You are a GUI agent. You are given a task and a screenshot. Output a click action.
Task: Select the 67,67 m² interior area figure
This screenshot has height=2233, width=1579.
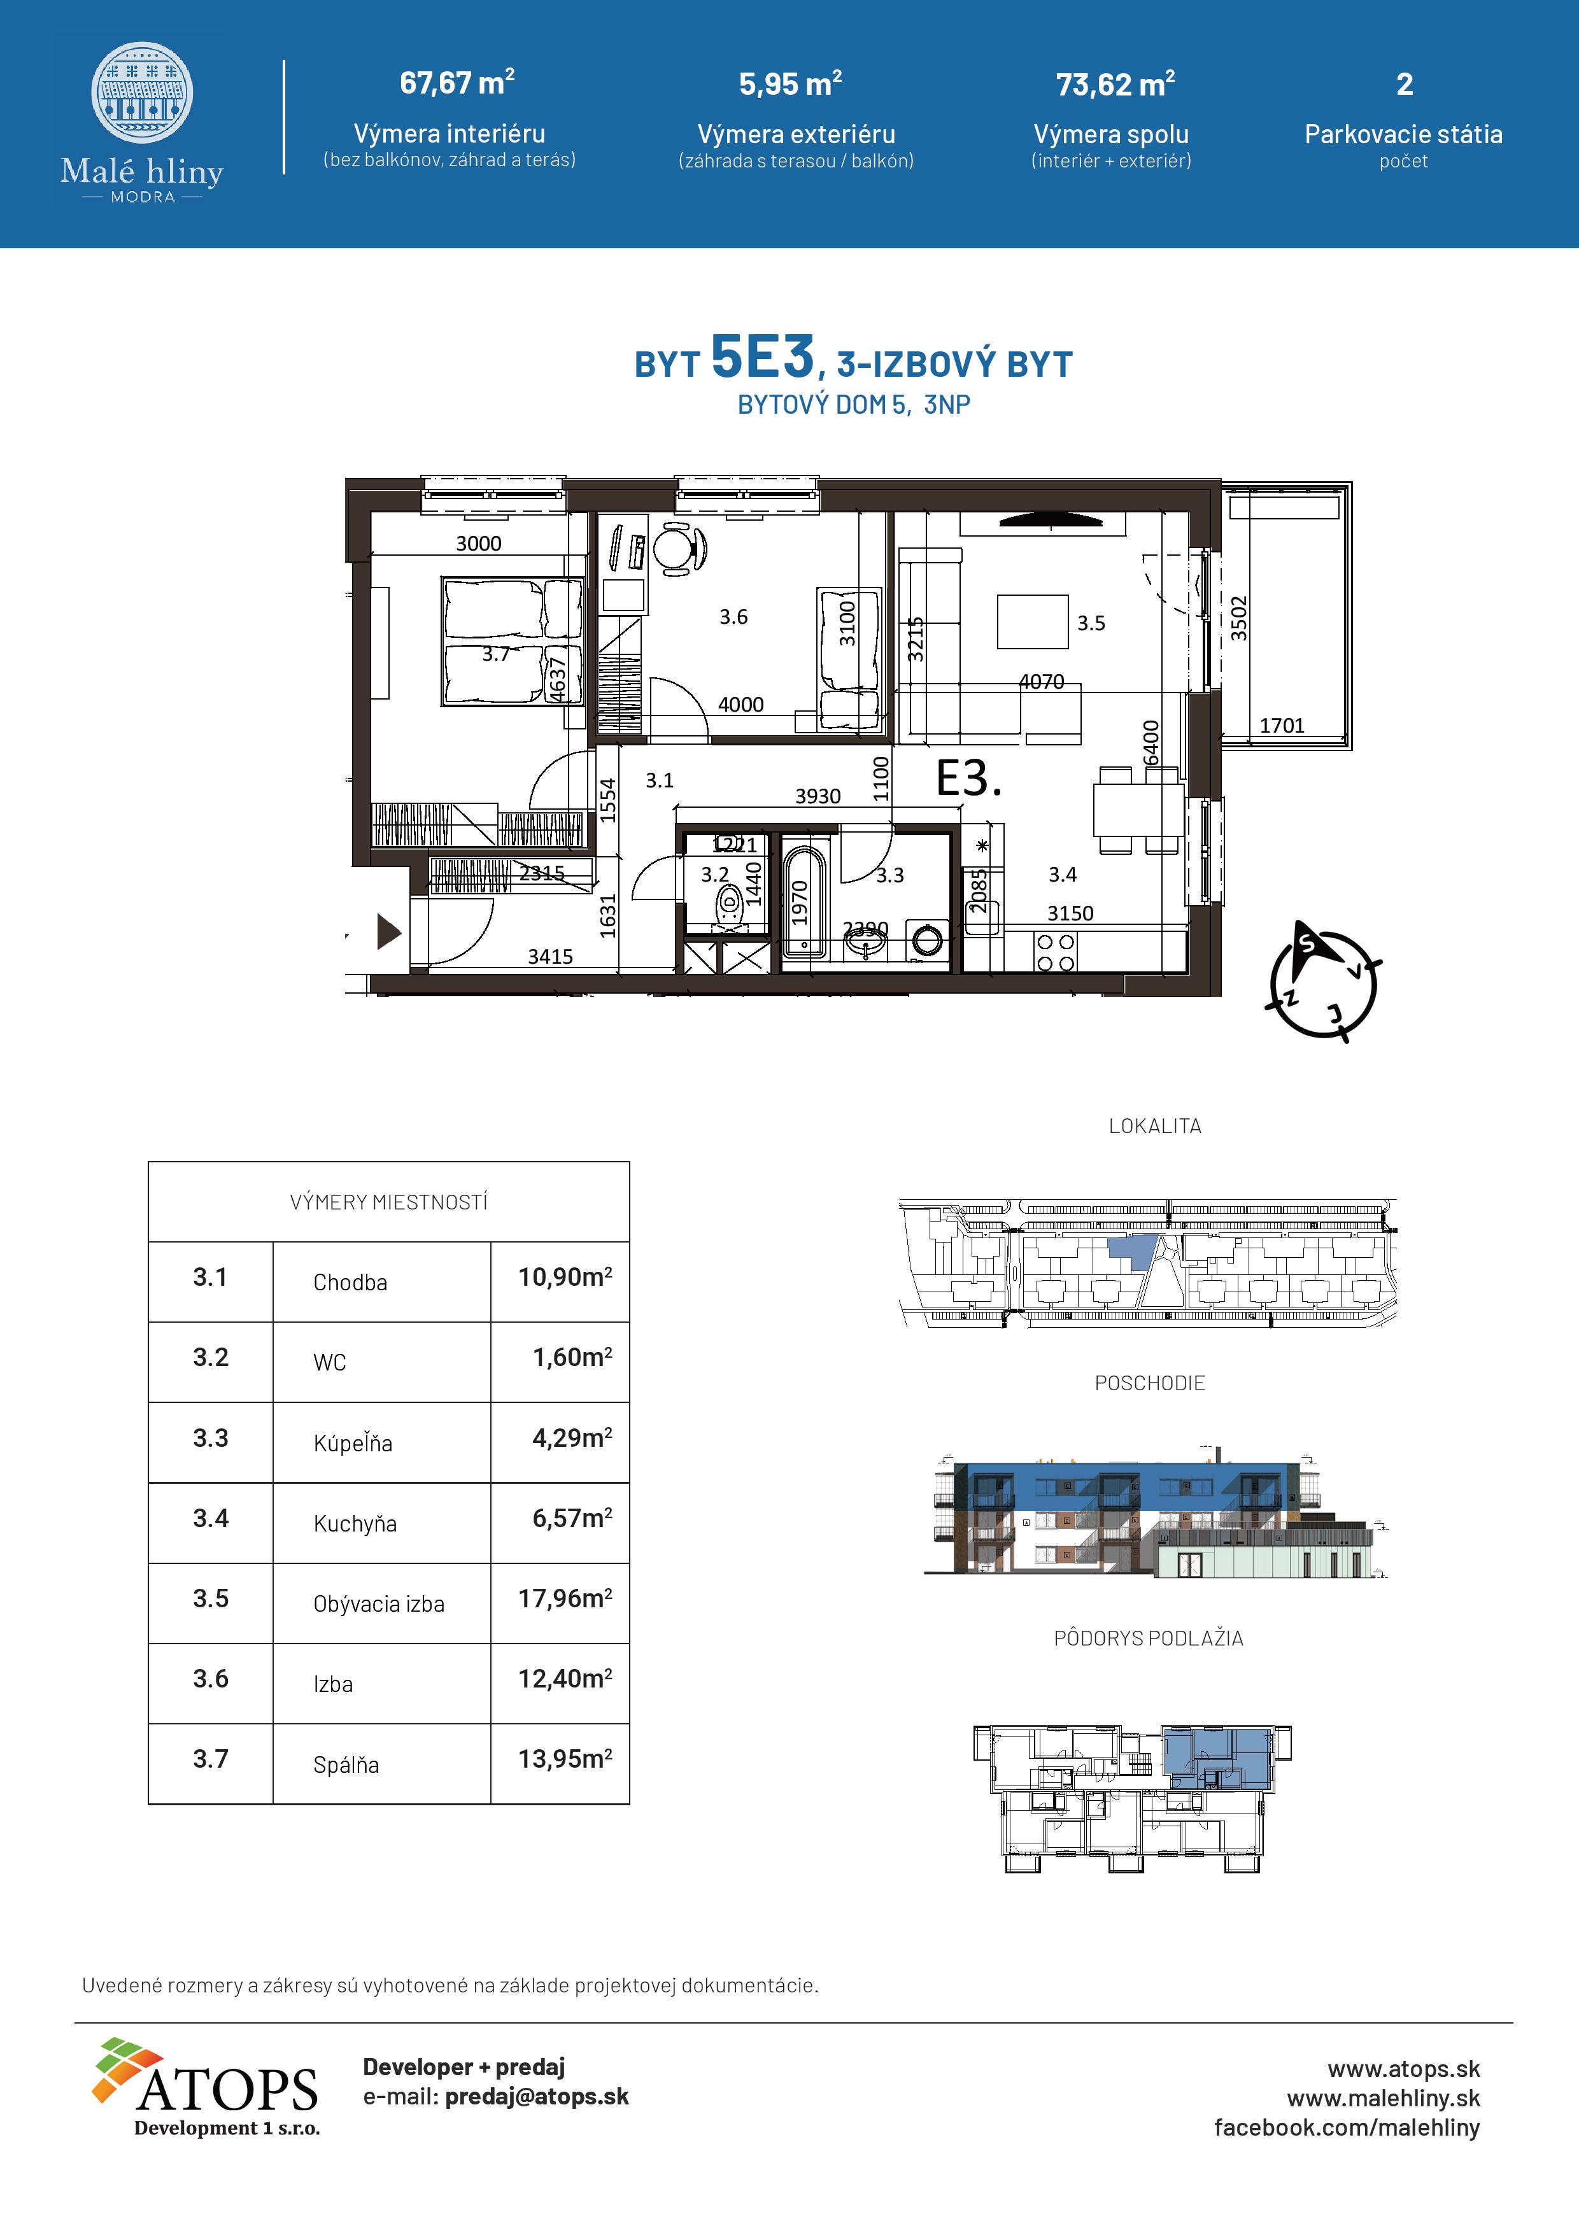click(457, 83)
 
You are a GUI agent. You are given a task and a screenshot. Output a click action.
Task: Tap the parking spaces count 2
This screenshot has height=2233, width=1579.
click(1404, 85)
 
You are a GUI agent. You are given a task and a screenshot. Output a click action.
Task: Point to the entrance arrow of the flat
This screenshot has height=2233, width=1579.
click(388, 932)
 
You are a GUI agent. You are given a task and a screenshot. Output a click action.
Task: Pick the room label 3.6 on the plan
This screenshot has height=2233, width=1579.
click(733, 617)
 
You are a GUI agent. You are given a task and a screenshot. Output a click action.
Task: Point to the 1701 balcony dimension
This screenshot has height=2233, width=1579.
click(1281, 726)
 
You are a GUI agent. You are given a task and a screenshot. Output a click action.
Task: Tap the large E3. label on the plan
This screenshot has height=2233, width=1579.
click(968, 779)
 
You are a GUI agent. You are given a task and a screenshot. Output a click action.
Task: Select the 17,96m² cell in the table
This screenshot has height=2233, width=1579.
click(564, 1599)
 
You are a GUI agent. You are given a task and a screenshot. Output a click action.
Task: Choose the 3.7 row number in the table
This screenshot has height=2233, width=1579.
click(210, 1759)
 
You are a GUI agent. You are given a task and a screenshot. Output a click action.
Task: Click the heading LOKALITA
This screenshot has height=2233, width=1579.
click(1155, 1126)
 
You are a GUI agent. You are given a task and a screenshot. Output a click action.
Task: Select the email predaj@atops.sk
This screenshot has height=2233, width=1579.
click(537, 2097)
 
